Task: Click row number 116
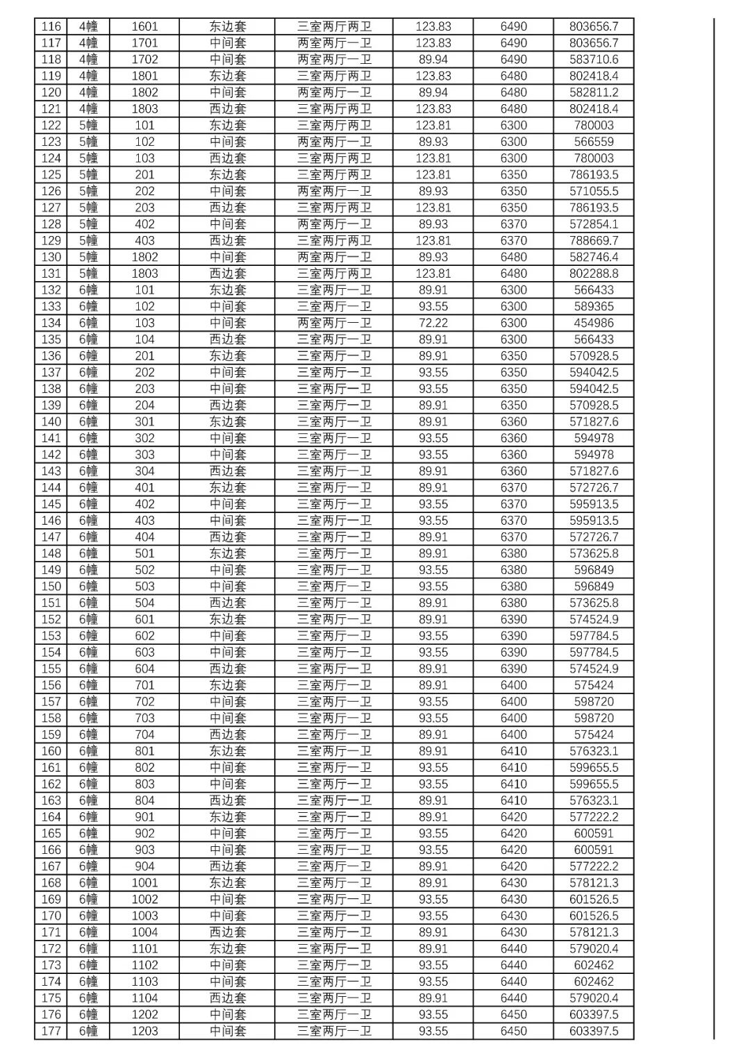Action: point(51,26)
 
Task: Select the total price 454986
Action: point(594,323)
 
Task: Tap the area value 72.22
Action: point(433,323)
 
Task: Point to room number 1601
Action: point(144,26)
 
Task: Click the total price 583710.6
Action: point(594,60)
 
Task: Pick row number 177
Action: point(51,1031)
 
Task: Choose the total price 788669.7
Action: point(594,241)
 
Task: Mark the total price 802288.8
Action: point(594,274)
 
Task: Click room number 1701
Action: point(144,43)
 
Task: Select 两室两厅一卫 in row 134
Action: point(334,323)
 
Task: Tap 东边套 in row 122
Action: point(228,126)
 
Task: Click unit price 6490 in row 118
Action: point(513,60)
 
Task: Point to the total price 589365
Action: point(594,306)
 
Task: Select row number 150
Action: point(51,587)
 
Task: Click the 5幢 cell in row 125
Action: point(88,175)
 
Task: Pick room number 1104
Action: point(144,998)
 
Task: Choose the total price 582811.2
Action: point(594,92)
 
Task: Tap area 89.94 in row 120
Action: point(433,92)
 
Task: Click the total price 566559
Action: point(594,142)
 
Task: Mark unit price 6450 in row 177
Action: point(513,1031)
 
